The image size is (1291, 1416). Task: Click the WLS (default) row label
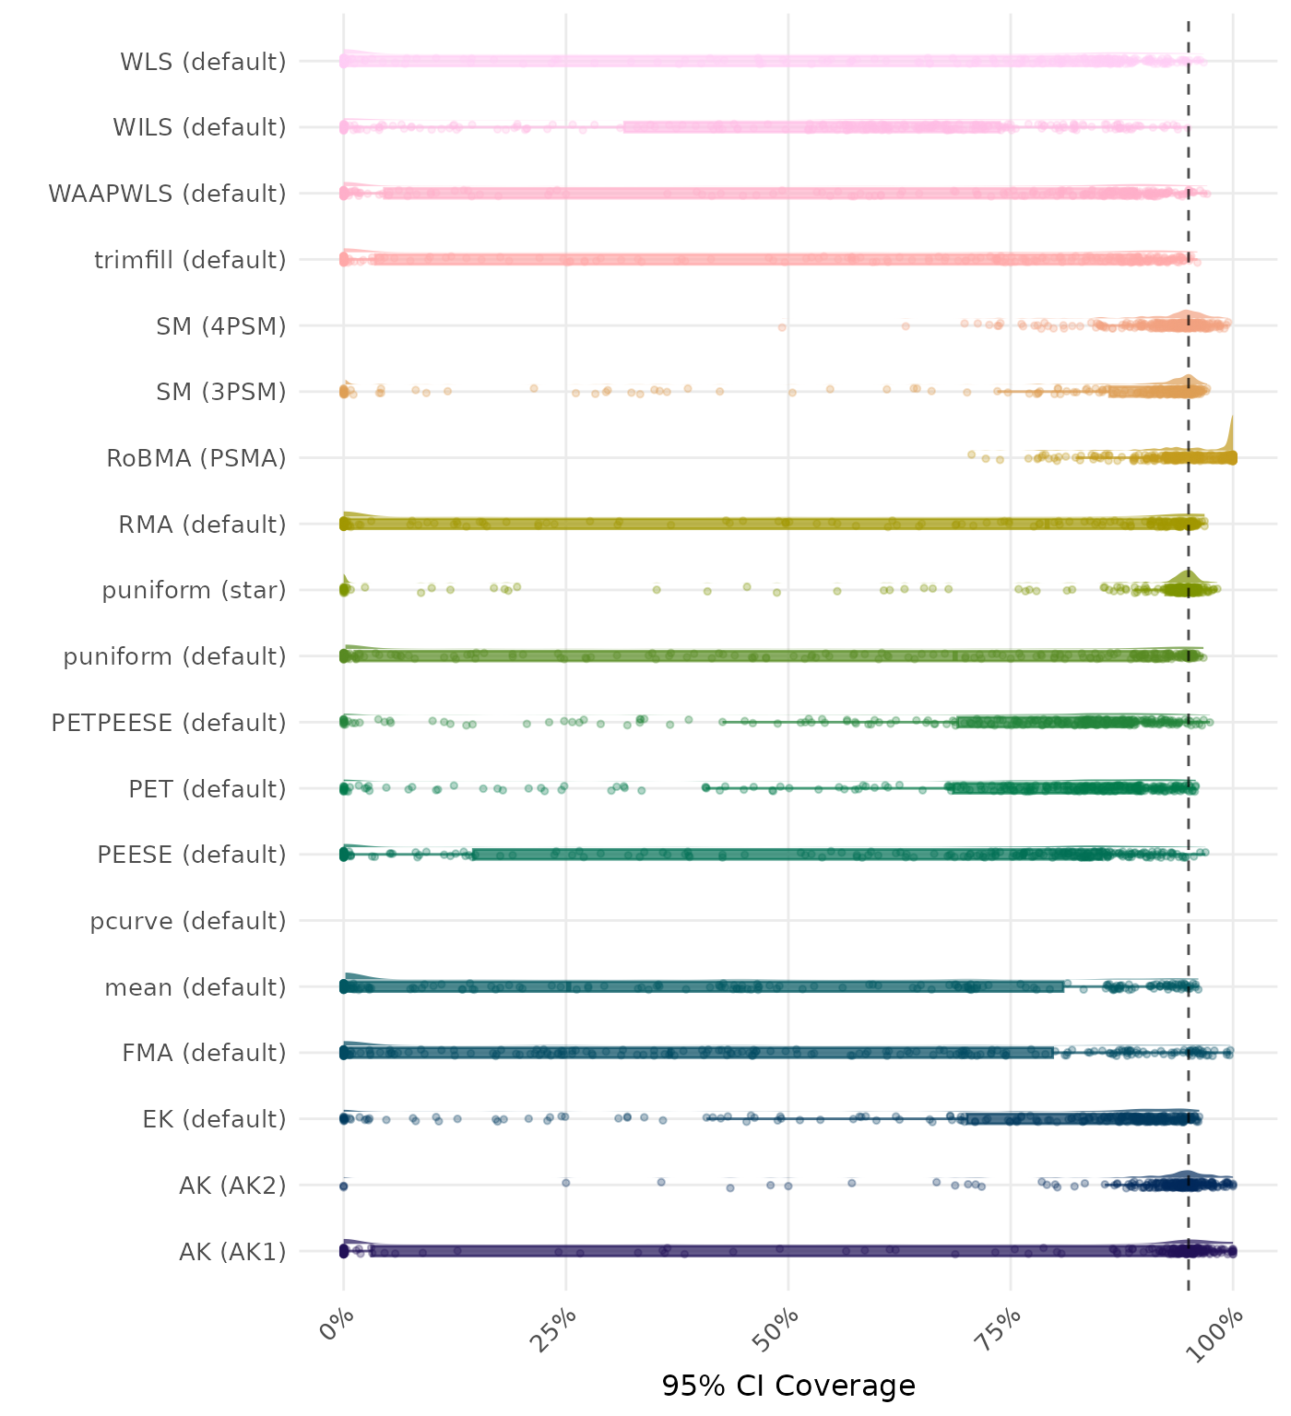(203, 62)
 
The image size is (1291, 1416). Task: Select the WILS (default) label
(199, 127)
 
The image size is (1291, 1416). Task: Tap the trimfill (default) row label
(190, 260)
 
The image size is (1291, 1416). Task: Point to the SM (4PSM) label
(221, 326)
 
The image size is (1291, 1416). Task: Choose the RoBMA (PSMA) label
(196, 458)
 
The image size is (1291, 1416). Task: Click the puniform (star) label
(194, 590)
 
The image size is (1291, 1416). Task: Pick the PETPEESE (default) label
(169, 723)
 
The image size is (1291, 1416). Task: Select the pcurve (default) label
(188, 921)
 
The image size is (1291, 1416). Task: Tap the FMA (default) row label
(204, 1053)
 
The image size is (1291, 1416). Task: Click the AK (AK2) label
(232, 1186)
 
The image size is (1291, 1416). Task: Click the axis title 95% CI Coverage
(788, 1386)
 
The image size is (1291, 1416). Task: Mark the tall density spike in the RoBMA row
(1231, 433)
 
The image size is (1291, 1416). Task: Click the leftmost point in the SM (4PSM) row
(782, 327)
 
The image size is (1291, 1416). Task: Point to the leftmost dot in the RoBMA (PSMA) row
(971, 454)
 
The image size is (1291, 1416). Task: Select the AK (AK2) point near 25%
(566, 1183)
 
